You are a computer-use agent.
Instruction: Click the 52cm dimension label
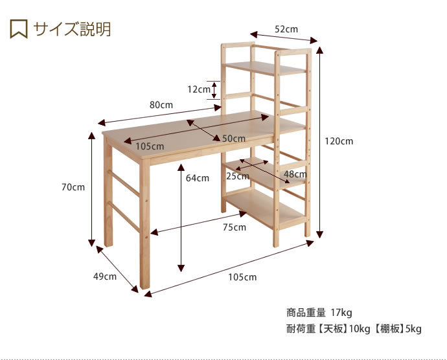(x=286, y=29)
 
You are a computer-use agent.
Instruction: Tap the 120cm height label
(x=339, y=141)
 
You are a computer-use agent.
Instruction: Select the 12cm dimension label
(x=199, y=89)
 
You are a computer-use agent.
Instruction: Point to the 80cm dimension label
(x=161, y=105)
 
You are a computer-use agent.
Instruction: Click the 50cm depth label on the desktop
(x=234, y=139)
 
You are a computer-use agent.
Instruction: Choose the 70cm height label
(x=73, y=187)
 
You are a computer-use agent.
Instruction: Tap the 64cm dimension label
(x=198, y=178)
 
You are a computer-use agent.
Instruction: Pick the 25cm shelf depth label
(x=238, y=176)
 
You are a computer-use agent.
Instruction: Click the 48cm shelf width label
(x=295, y=174)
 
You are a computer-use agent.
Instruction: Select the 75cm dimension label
(x=235, y=227)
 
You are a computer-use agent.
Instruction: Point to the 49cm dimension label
(x=105, y=276)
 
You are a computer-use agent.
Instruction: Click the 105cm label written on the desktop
(x=150, y=146)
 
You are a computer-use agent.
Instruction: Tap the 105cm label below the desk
(x=242, y=277)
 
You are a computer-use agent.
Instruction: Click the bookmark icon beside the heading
(x=19, y=28)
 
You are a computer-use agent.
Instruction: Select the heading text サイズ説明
(x=72, y=29)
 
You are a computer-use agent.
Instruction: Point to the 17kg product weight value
(x=341, y=313)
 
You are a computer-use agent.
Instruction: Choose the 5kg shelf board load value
(x=413, y=329)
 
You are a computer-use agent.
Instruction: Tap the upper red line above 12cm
(x=213, y=81)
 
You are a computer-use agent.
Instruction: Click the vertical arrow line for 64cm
(x=181, y=218)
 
